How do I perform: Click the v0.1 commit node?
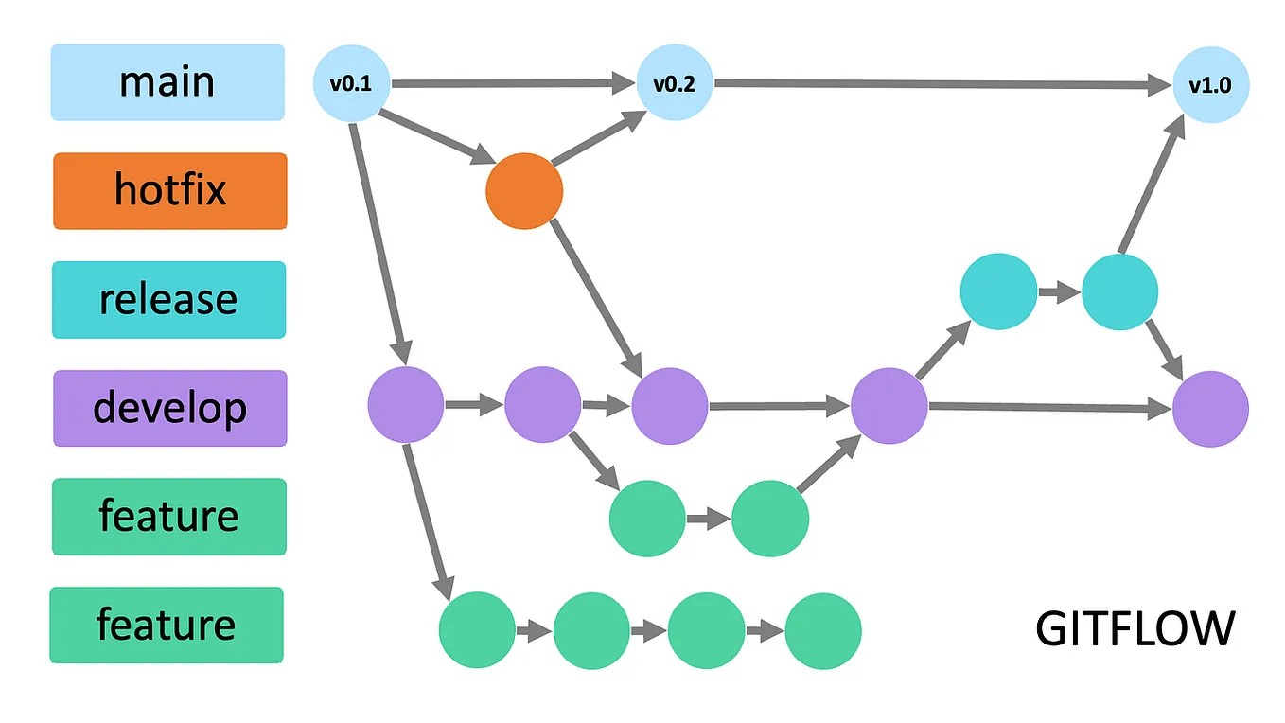pos(350,83)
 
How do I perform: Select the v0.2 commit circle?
pos(675,83)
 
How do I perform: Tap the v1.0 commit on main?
pos(1210,85)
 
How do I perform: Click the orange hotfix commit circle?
pos(524,191)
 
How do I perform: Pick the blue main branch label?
pos(167,82)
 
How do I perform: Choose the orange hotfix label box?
pos(170,190)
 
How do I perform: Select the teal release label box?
pos(168,299)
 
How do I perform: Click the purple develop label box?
pos(170,408)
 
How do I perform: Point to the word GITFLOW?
pos(1135,628)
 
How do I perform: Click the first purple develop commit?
pos(406,405)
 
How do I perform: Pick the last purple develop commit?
pos(1210,409)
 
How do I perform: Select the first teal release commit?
pos(998,291)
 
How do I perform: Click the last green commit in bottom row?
pos(823,630)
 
